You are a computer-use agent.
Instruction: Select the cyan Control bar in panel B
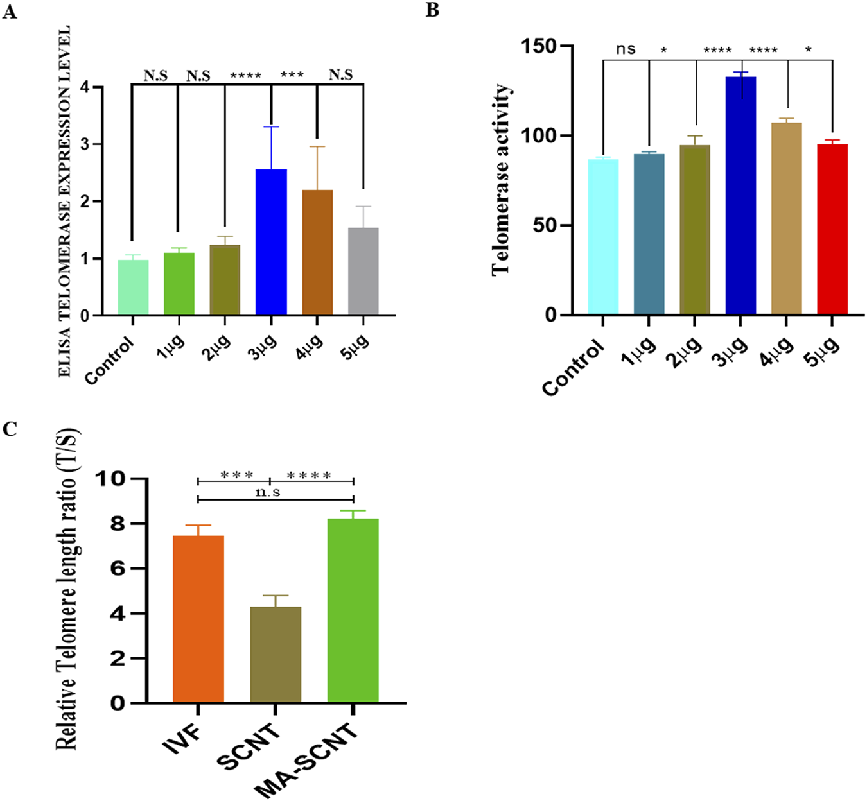(603, 237)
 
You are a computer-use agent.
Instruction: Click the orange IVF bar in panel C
(198, 619)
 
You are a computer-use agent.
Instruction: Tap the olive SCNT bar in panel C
(276, 654)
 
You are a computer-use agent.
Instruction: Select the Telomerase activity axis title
(501, 180)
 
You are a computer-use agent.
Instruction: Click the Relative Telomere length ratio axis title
(67, 588)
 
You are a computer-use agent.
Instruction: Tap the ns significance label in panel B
(626, 49)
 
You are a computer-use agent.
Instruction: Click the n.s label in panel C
(268, 492)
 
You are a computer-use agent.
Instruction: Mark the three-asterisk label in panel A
(292, 74)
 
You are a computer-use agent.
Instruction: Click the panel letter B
(433, 10)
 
